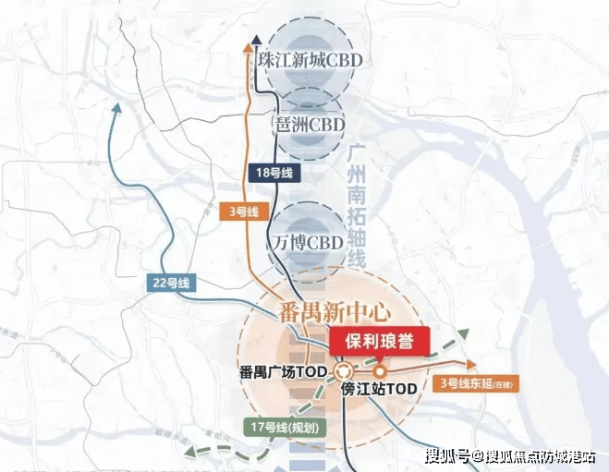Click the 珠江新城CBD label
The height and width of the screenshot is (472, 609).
tap(310, 59)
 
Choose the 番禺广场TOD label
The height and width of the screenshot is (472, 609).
tap(281, 373)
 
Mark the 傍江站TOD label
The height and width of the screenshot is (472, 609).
tap(379, 390)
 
